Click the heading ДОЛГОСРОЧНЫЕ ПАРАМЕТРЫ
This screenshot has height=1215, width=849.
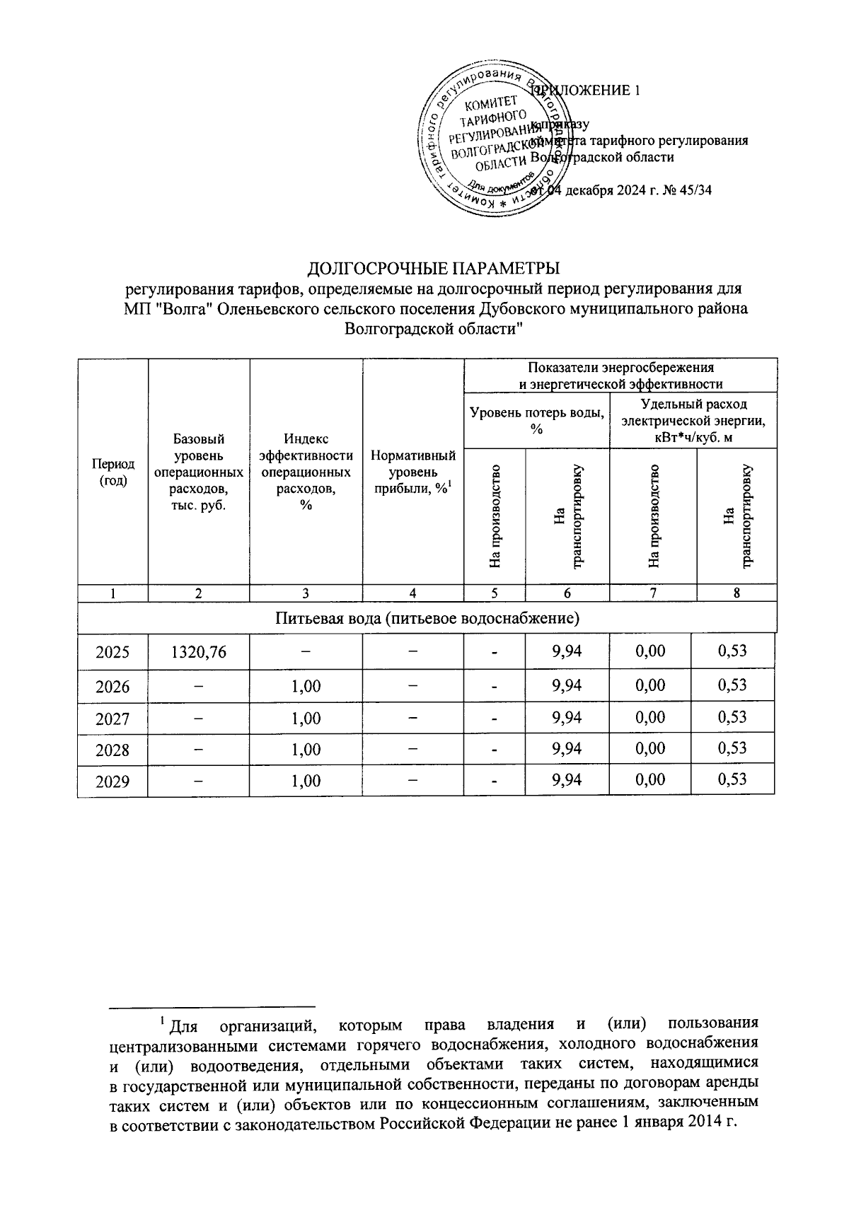(x=433, y=269)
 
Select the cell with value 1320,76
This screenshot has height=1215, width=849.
(x=199, y=651)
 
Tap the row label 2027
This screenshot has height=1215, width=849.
(x=112, y=719)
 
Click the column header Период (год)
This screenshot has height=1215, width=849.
(x=112, y=472)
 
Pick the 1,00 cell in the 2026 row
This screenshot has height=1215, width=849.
(x=306, y=686)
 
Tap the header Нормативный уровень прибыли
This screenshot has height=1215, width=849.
(x=413, y=472)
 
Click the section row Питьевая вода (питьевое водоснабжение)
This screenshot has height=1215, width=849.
(x=427, y=619)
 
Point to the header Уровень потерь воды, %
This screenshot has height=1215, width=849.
(x=537, y=421)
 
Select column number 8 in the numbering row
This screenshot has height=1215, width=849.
(x=736, y=593)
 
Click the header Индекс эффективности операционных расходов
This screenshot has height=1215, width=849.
(x=306, y=472)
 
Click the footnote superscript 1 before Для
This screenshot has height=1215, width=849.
(x=163, y=1021)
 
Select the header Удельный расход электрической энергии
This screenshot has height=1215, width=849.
(x=693, y=421)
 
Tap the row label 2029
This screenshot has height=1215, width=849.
(x=112, y=781)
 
